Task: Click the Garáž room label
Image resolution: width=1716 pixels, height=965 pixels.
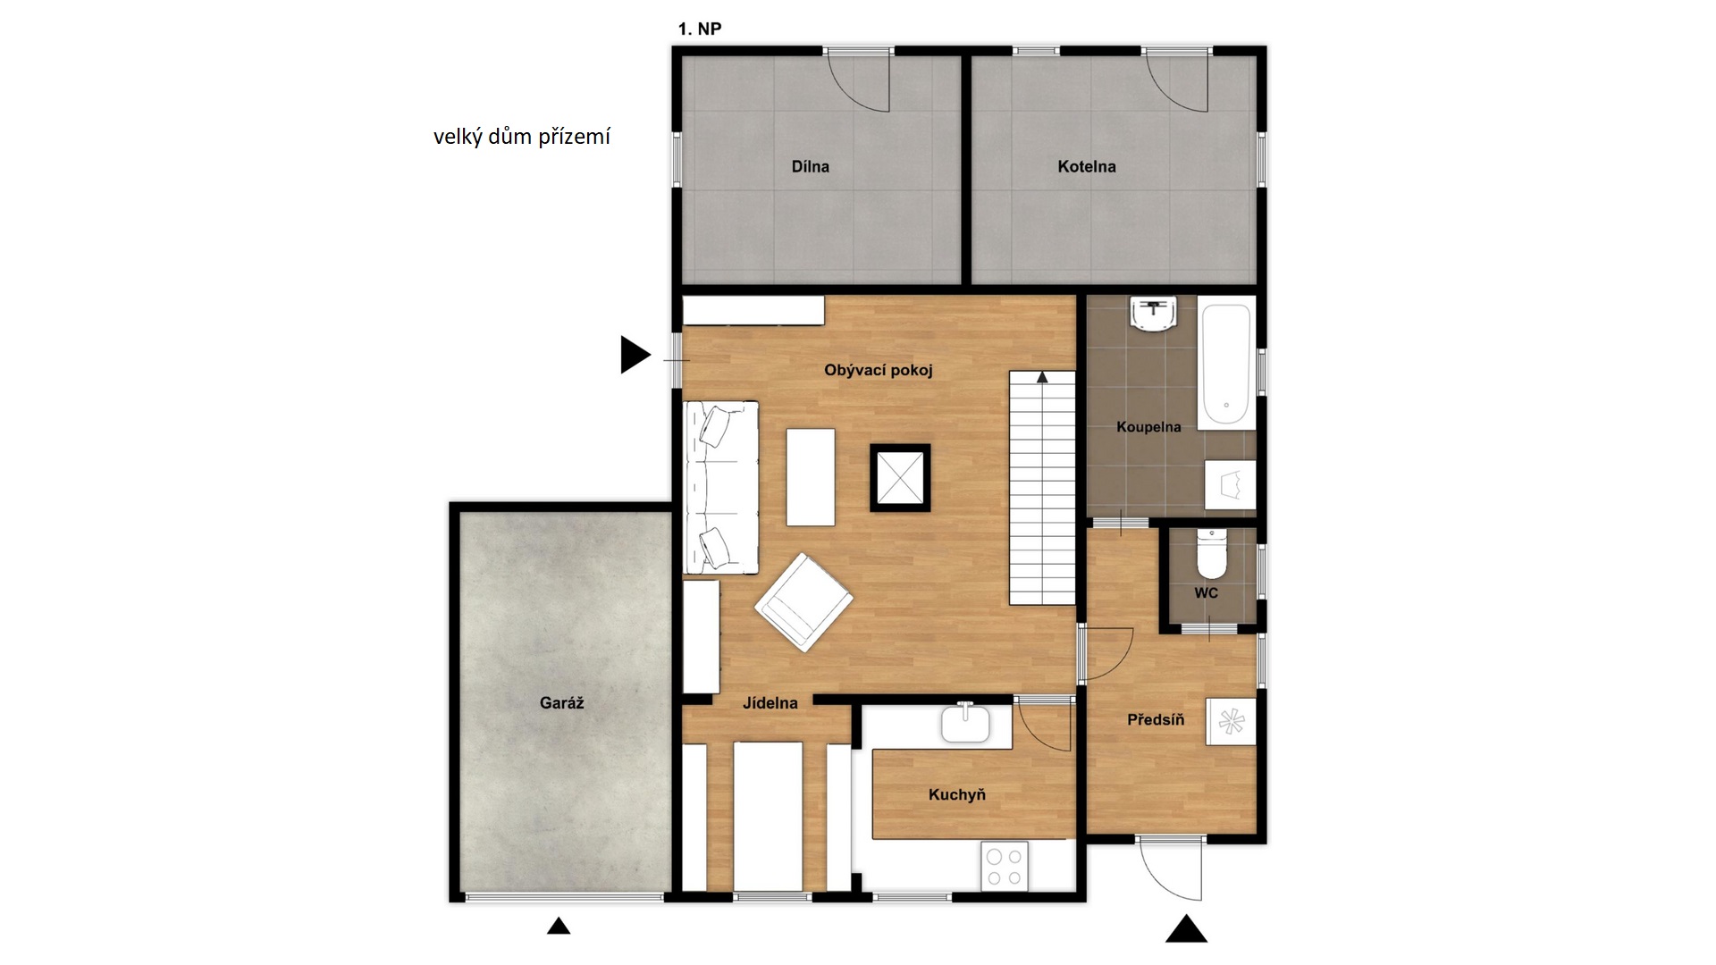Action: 561,703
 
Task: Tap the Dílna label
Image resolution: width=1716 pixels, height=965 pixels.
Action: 810,166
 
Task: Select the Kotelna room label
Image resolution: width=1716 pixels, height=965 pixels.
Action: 1086,166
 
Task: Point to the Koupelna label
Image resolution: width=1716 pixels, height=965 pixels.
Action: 1148,427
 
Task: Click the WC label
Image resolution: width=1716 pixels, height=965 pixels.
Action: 1206,593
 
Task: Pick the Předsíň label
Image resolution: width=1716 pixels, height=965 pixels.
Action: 1156,719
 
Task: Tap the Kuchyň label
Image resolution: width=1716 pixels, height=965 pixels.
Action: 956,794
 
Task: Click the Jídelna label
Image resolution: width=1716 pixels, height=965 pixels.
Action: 770,703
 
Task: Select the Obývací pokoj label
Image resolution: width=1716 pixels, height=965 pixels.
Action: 879,370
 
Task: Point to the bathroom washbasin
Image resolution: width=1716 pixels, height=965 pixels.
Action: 1154,315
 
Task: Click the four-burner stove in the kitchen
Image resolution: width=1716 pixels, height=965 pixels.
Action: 1004,866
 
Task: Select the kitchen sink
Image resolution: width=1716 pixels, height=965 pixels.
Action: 965,724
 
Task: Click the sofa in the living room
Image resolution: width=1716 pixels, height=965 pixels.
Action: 720,487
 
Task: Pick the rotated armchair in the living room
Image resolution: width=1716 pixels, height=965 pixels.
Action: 803,602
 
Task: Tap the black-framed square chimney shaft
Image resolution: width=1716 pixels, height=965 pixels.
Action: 900,478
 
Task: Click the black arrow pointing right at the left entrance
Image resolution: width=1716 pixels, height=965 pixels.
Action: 635,355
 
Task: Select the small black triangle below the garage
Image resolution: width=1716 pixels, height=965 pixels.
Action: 559,926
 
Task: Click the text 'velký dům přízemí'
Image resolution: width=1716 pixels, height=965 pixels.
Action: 522,137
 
